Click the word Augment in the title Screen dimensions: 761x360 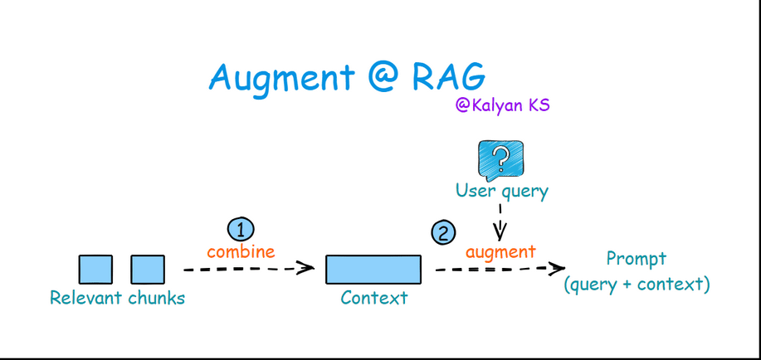282,78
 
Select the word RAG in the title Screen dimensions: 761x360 449,75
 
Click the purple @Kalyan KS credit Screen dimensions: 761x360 502,105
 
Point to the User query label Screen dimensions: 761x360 502,191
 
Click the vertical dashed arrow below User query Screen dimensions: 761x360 500,221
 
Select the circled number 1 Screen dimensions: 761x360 241,230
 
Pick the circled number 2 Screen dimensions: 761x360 443,233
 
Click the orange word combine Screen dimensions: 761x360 241,251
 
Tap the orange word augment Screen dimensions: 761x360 500,252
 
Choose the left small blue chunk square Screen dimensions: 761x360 95,270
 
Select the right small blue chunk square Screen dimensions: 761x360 148,270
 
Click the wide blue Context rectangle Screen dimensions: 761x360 373,270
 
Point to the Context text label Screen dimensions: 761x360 373,298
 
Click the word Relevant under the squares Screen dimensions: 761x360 85,298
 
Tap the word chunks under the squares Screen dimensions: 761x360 156,298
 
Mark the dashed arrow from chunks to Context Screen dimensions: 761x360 249,268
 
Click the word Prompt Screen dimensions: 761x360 637,260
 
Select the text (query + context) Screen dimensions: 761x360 637,285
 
